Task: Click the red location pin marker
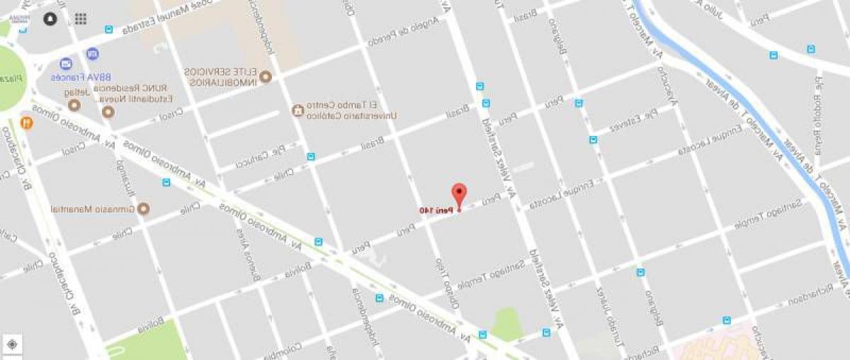459,193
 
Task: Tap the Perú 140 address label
434,210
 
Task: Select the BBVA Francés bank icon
67,64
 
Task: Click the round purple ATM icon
93,53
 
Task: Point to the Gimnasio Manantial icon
144,209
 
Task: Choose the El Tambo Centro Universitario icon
297,111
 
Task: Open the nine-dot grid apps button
80,19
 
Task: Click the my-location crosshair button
11,345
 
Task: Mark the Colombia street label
284,349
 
